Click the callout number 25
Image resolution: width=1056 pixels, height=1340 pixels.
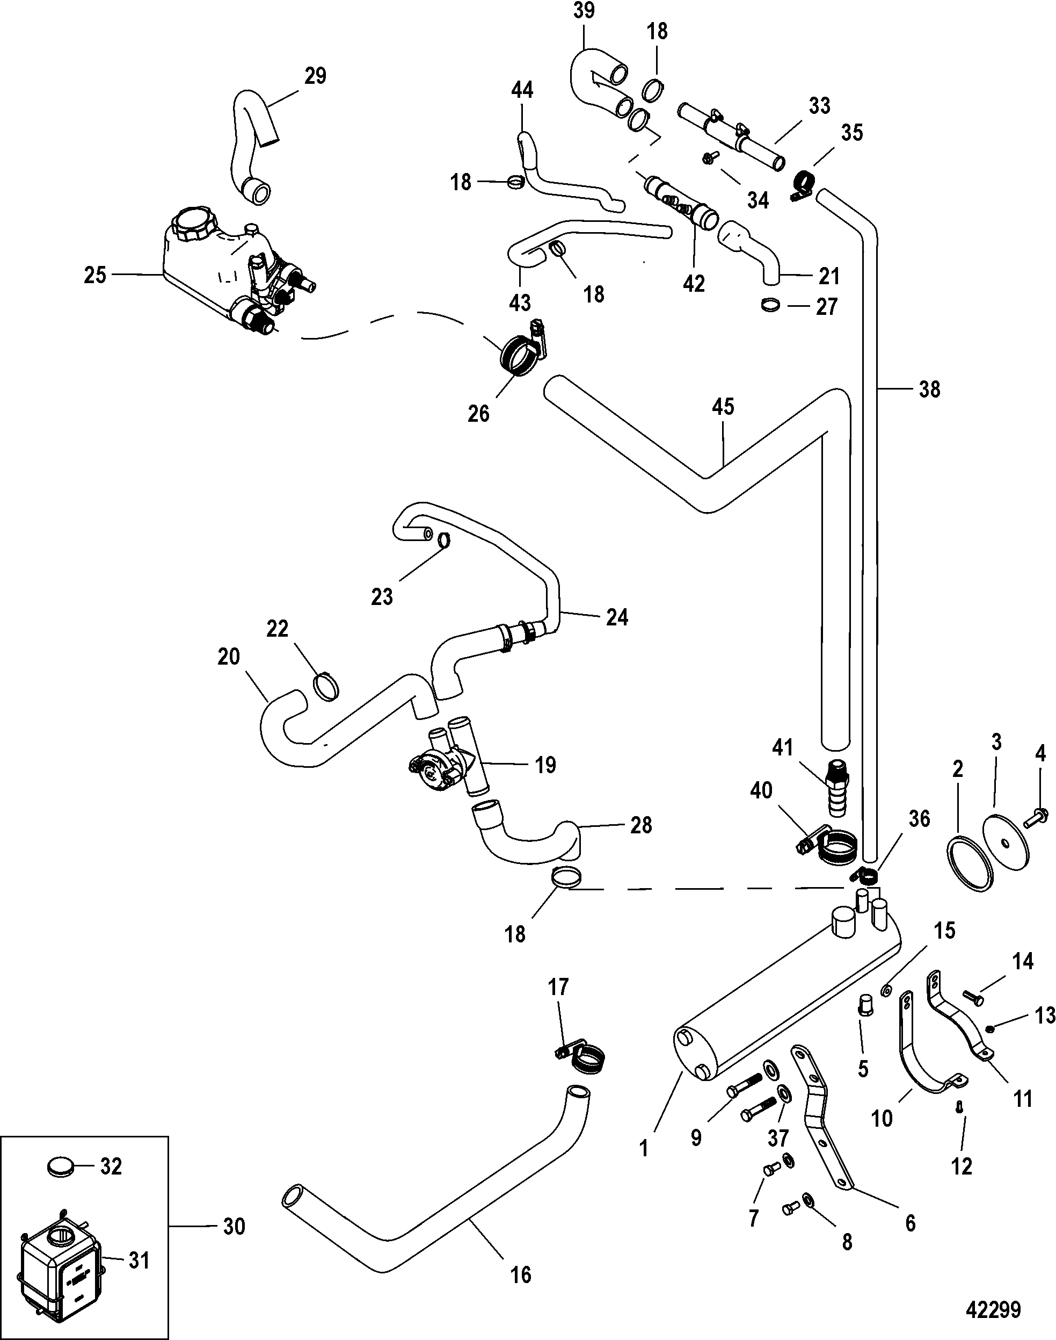(x=95, y=275)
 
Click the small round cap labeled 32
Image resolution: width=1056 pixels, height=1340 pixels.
(x=61, y=1167)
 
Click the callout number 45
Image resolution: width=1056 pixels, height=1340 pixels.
(x=723, y=406)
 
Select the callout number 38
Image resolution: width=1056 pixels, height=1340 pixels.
(x=929, y=389)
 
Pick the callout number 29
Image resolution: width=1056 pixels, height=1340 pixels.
(x=315, y=76)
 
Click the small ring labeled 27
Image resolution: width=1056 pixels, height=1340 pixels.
(x=771, y=305)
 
